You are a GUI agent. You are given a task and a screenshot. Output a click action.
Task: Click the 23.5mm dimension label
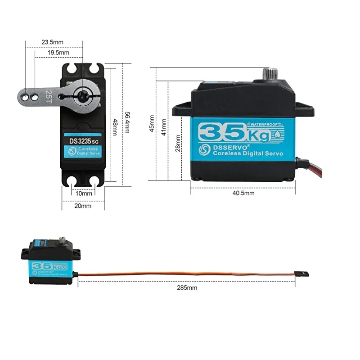pos(53,42)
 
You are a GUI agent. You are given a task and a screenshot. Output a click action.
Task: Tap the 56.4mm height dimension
pos(127,123)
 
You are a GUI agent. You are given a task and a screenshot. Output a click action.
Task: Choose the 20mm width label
pos(83,206)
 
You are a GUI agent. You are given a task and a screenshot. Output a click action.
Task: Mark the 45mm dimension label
pos(152,122)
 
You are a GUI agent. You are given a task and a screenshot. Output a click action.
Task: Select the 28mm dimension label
pos(178,143)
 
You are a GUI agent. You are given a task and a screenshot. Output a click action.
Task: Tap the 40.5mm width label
pos(243,193)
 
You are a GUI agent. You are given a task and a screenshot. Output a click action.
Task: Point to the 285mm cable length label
pos(186,287)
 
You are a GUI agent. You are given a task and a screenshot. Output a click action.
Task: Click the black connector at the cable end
pos(298,273)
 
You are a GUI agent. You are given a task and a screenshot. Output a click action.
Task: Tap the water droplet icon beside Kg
pos(279,134)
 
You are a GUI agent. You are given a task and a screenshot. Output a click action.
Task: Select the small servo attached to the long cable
pos(49,263)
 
